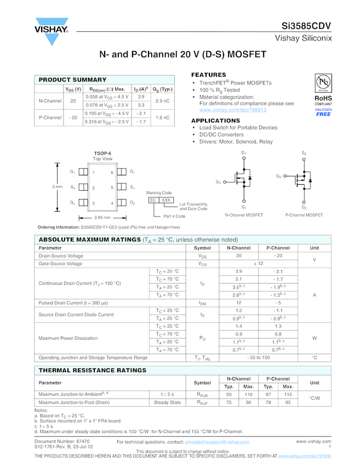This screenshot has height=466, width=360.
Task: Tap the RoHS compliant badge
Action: (323, 94)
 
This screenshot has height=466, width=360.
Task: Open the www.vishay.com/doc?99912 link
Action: (233, 110)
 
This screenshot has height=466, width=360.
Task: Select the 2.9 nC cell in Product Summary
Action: (162, 101)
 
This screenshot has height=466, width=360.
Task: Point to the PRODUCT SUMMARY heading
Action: (72, 80)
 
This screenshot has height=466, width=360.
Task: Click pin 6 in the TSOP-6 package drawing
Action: (112, 173)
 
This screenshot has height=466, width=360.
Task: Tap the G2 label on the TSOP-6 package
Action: (72, 203)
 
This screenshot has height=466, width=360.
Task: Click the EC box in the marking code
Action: (153, 200)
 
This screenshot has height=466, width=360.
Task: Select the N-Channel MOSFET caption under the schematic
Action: (244, 215)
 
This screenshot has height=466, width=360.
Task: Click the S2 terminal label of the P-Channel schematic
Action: (304, 152)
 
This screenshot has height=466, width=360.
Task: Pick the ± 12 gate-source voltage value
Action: (258, 264)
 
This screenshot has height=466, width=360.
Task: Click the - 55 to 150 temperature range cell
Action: (258, 357)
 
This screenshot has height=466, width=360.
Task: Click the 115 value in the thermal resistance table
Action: (288, 394)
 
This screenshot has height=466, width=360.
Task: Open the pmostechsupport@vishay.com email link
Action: (217, 442)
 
